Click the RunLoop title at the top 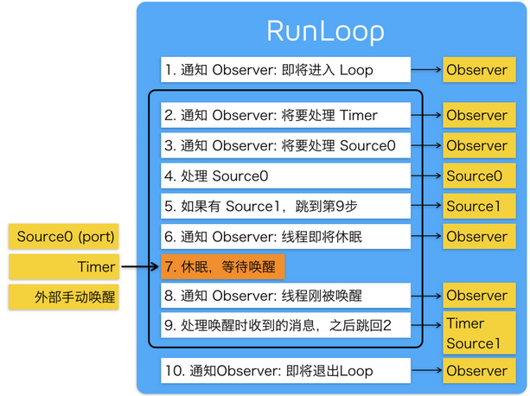pyautogui.click(x=325, y=31)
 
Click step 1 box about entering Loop pyautogui.click(x=284, y=70)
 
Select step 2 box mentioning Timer pyautogui.click(x=284, y=115)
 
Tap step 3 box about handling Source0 pyautogui.click(x=284, y=145)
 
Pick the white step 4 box pyautogui.click(x=284, y=176)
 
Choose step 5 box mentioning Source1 pyautogui.click(x=284, y=206)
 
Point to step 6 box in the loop pyautogui.click(x=284, y=236)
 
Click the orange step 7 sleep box pyautogui.click(x=222, y=266)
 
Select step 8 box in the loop pyautogui.click(x=284, y=296)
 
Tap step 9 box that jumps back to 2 pyautogui.click(x=284, y=326)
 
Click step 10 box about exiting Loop pyautogui.click(x=284, y=371)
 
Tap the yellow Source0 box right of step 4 pyautogui.click(x=475, y=176)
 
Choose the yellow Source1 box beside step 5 pyautogui.click(x=475, y=206)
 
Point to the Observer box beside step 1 pyautogui.click(x=476, y=70)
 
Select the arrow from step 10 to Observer pyautogui.click(x=426, y=371)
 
